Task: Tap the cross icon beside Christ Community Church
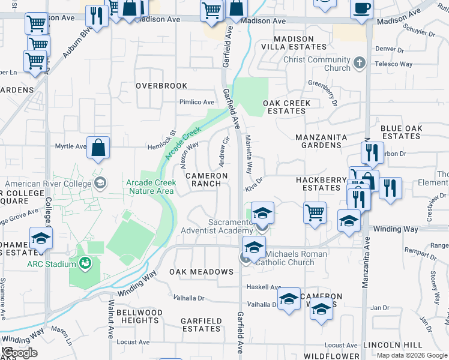click(x=360, y=63)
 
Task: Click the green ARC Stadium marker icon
click(x=85, y=262)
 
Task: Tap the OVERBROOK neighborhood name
click(x=161, y=86)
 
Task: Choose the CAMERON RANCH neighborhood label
click(x=206, y=180)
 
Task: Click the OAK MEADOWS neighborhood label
click(x=201, y=272)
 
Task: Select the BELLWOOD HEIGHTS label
click(x=139, y=317)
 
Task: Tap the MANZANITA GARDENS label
click(x=321, y=141)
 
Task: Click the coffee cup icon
click(x=361, y=8)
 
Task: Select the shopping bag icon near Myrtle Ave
click(x=98, y=147)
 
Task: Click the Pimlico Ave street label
click(x=196, y=102)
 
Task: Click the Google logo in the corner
click(x=20, y=353)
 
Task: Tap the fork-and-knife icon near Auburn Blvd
click(x=96, y=15)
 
